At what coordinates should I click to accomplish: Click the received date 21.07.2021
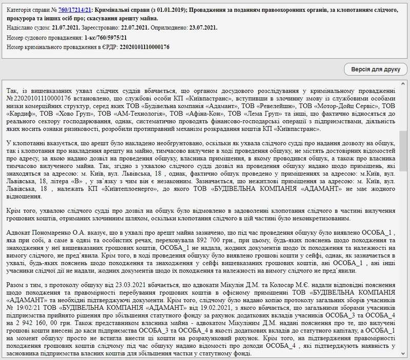click(x=66, y=28)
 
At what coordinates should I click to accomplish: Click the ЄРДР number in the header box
click(x=144, y=47)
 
